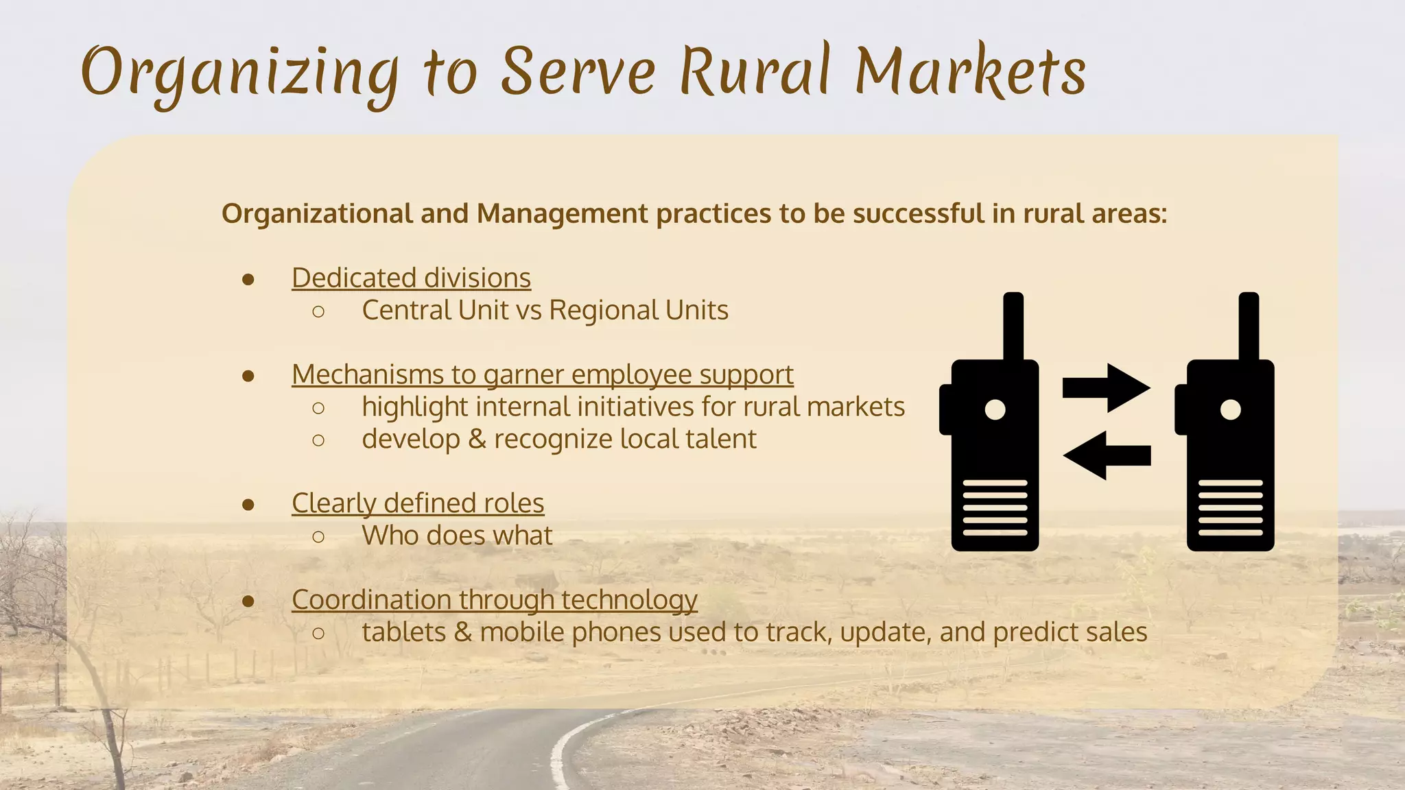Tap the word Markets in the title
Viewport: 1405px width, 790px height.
click(970, 71)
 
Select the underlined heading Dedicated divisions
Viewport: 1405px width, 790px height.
click(411, 278)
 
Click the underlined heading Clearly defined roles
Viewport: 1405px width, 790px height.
click(418, 503)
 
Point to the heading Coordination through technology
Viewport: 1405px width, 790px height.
click(494, 600)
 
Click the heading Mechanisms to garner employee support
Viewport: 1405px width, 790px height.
click(542, 375)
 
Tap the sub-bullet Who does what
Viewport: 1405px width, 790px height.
click(457, 536)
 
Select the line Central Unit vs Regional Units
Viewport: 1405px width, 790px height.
click(545, 311)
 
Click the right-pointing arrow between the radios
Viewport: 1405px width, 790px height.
click(1105, 387)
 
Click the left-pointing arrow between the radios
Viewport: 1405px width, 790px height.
click(1105, 455)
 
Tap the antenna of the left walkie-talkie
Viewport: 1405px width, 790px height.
click(1013, 326)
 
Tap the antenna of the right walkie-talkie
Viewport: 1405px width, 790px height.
click(1249, 326)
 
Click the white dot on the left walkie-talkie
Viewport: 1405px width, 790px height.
click(995, 409)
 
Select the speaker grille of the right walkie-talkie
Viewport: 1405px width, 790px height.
click(1230, 508)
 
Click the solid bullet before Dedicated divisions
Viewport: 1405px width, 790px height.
click(248, 279)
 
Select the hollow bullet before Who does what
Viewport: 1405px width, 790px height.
click(318, 536)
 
